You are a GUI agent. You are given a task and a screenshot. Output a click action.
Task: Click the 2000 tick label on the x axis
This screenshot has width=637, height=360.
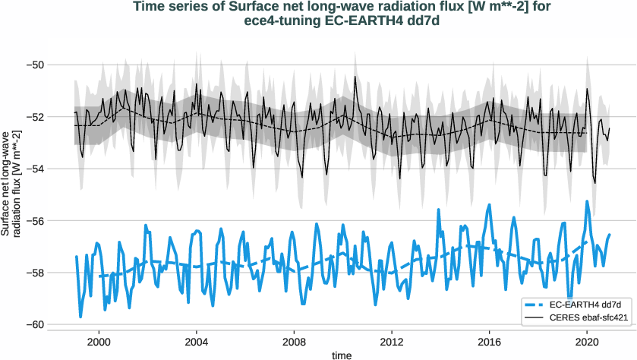99,341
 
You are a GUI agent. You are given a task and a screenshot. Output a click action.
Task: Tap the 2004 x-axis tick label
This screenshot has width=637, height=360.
197,341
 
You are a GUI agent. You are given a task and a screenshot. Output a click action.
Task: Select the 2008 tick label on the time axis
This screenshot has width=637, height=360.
294,341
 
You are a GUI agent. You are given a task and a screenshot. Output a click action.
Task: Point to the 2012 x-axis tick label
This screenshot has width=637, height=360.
392,341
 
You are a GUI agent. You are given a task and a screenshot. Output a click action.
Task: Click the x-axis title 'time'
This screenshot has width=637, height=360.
342,354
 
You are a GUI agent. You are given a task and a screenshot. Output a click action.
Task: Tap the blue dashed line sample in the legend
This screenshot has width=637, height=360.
532,304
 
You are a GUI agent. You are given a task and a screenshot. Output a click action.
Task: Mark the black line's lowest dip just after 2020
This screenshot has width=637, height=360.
595,183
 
